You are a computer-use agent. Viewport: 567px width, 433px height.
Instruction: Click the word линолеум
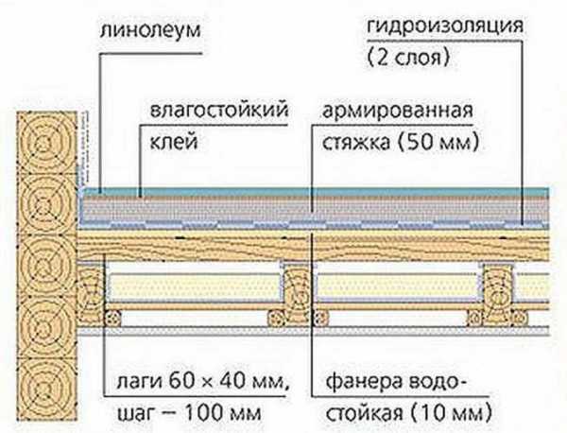[x=149, y=30]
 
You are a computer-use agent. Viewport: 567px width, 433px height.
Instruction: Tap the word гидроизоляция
[x=445, y=27]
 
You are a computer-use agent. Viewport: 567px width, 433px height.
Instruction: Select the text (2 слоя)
[x=408, y=57]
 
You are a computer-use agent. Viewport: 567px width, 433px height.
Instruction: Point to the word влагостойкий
[x=219, y=110]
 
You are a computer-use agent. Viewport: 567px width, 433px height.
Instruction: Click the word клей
[x=174, y=142]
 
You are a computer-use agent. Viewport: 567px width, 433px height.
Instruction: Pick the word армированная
[x=397, y=112]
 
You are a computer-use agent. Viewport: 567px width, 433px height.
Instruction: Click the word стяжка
[x=356, y=143]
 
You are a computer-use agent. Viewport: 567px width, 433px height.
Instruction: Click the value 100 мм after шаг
[x=222, y=412]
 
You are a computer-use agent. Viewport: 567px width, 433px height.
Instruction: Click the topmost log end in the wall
[x=46, y=143]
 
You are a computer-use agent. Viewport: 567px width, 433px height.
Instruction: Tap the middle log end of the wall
[x=46, y=266]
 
